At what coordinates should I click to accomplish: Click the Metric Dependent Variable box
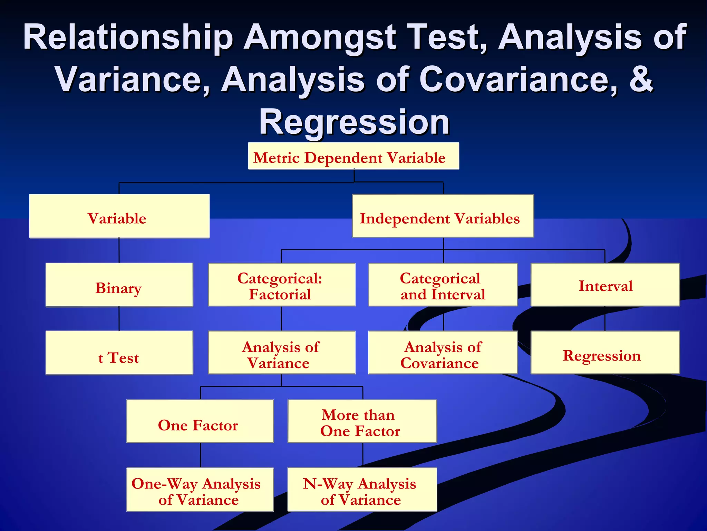click(353, 156)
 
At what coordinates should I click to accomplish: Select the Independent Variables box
click(443, 216)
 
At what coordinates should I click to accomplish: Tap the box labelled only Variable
click(119, 216)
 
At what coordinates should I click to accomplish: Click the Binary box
click(119, 285)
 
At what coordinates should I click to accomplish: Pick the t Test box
click(119, 353)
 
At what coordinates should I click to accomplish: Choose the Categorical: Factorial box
click(281, 285)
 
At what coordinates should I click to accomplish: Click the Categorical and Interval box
click(443, 285)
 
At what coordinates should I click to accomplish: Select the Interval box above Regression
click(605, 285)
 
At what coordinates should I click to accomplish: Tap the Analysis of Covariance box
click(443, 353)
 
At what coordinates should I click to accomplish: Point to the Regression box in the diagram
click(605, 353)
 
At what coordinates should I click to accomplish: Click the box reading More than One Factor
click(362, 421)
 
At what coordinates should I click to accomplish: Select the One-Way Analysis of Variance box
click(200, 490)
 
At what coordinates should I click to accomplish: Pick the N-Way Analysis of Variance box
click(362, 490)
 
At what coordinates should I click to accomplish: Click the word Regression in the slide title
click(354, 122)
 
